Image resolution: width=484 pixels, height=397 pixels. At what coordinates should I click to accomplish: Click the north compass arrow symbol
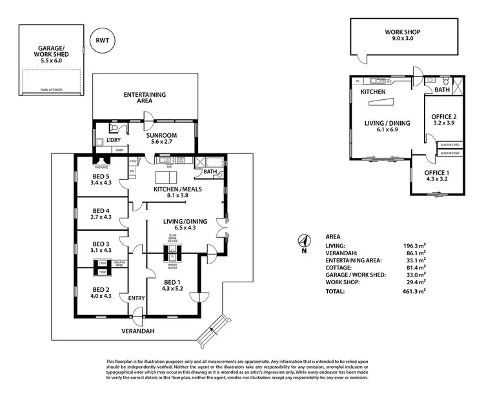point(301,242)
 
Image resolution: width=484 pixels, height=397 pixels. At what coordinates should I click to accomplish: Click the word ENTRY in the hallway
point(136,298)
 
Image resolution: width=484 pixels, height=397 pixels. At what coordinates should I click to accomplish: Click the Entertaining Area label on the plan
point(145,98)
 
